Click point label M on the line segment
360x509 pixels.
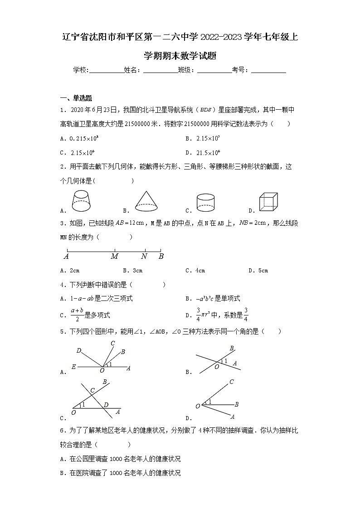pyautogui.click(x=114, y=257)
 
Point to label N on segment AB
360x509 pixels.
pyautogui.click(x=144, y=257)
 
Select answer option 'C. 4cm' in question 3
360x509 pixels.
pyautogui.click(x=195, y=271)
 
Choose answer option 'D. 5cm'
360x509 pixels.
pyautogui.click(x=258, y=271)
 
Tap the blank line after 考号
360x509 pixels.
pyautogui.click(x=268, y=70)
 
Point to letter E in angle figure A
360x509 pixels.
pyautogui.click(x=73, y=368)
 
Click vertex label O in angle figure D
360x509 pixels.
pyautogui.click(x=198, y=406)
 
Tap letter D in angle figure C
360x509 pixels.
pyautogui.click(x=106, y=405)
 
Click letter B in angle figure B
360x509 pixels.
pyautogui.click(x=232, y=348)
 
